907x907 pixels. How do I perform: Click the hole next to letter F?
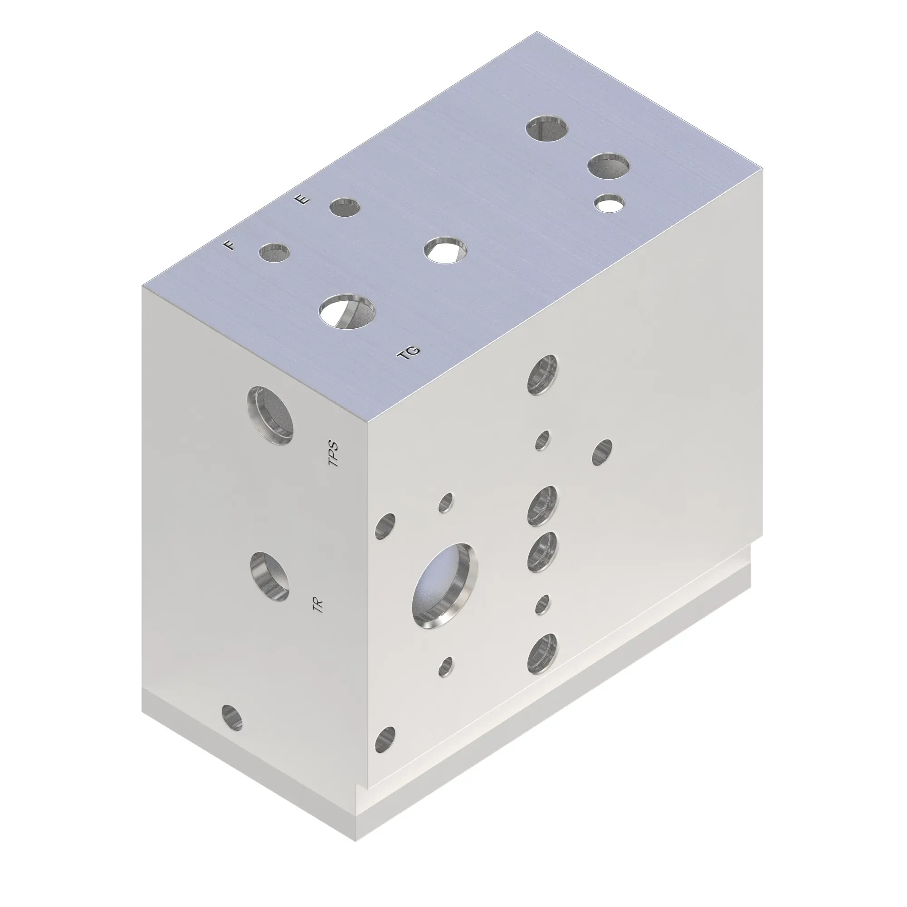click(275, 253)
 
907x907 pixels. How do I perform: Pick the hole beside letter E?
click(345, 208)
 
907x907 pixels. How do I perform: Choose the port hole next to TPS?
click(270, 416)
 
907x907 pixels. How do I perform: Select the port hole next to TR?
click(269, 577)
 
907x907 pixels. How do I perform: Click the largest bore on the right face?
click(444, 585)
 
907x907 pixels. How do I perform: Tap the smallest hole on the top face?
click(609, 203)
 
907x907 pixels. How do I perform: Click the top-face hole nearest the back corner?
click(547, 128)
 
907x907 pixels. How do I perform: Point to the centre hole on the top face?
click(444, 249)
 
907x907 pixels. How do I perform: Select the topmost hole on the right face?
click(543, 375)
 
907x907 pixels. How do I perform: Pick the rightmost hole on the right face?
click(602, 453)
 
